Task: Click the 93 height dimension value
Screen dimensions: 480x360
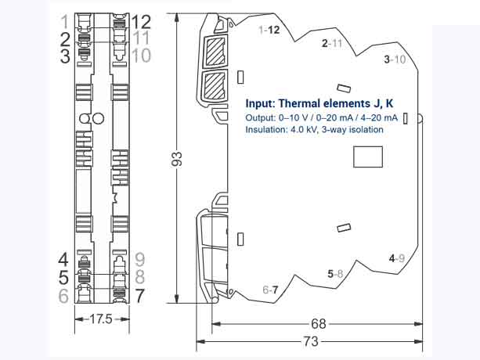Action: (x=177, y=159)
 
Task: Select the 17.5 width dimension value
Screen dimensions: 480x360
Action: (x=101, y=319)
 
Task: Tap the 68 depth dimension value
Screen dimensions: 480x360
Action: (x=319, y=323)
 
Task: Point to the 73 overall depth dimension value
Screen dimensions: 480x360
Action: (x=311, y=341)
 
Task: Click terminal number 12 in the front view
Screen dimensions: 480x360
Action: (x=142, y=22)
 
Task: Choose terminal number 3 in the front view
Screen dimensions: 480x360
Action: (x=65, y=56)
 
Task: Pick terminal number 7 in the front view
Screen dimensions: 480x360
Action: (x=139, y=296)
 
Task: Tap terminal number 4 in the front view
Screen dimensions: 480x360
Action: (x=63, y=260)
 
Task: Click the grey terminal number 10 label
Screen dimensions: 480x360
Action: (x=142, y=56)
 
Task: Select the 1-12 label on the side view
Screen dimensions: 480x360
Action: (x=269, y=30)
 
